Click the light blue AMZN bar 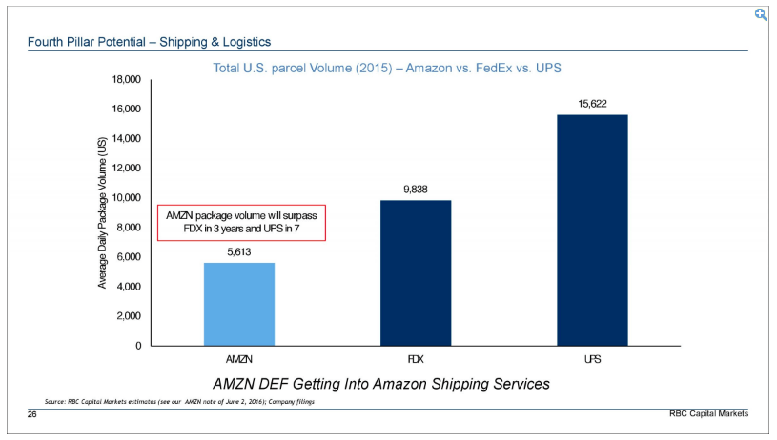click(x=239, y=304)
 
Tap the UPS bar click(x=592, y=230)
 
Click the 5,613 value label click(x=239, y=252)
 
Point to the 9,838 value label click(x=415, y=190)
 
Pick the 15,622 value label click(x=592, y=104)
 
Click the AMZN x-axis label click(x=239, y=361)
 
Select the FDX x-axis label click(x=415, y=361)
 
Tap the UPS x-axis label click(x=592, y=361)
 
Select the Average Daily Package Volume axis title click(x=102, y=211)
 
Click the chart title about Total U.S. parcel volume click(x=387, y=68)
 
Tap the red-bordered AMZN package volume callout click(x=241, y=223)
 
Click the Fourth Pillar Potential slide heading click(x=149, y=41)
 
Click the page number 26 click(x=31, y=414)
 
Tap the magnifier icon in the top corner click(x=761, y=14)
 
